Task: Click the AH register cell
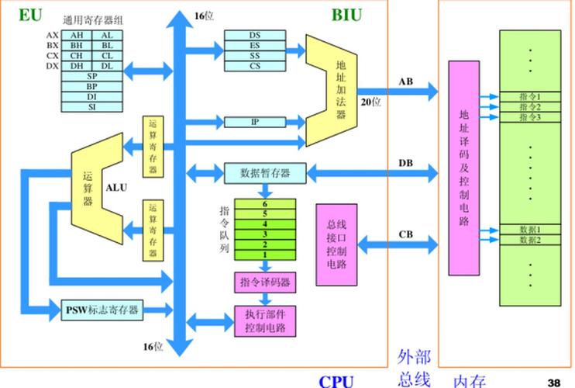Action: [x=77, y=35]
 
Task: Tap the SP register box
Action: [x=91, y=76]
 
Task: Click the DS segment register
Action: [x=254, y=35]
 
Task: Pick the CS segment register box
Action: [x=254, y=66]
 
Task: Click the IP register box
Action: [x=254, y=122]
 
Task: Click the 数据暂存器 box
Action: [x=265, y=173]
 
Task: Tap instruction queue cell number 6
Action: [x=264, y=204]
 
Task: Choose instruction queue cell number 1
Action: [x=264, y=255]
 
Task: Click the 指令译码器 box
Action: [x=265, y=282]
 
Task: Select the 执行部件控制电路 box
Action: [x=265, y=321]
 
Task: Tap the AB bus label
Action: [x=406, y=81]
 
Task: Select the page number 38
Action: [x=553, y=382]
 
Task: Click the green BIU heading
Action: [x=346, y=14]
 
